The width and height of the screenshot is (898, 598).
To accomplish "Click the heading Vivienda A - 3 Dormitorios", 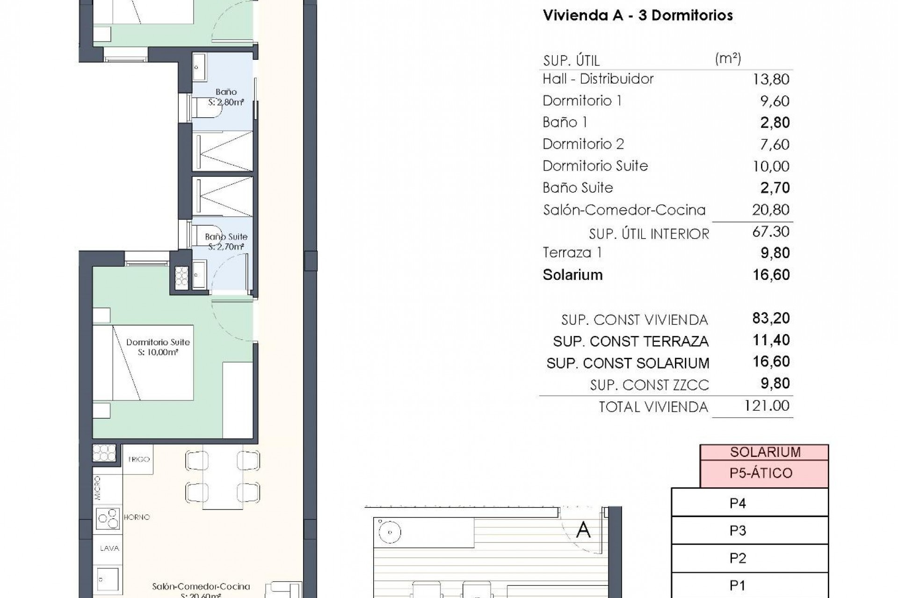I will click(x=637, y=15).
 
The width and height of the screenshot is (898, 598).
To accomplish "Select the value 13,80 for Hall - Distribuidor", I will click(x=771, y=79).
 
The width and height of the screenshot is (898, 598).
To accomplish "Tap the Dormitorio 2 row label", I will click(x=583, y=144).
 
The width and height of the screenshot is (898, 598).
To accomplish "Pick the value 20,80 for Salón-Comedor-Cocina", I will click(x=771, y=210).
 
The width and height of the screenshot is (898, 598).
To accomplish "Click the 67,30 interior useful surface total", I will click(x=771, y=232).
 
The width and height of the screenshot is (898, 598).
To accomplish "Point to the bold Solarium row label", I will click(x=572, y=275).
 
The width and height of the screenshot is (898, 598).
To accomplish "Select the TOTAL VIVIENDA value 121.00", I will click(x=767, y=406).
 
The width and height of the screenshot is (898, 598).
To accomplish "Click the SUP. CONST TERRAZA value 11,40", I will click(x=771, y=340).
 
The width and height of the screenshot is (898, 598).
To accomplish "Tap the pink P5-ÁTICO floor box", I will click(x=760, y=473).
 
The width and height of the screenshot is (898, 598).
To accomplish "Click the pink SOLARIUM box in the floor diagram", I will click(x=765, y=452).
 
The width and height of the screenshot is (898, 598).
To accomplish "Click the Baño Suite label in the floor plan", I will click(x=226, y=237).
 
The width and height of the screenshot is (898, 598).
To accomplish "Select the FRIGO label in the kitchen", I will click(x=139, y=459).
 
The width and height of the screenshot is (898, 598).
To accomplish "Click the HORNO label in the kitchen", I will click(x=137, y=517).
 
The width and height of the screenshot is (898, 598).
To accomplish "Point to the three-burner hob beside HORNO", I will click(x=108, y=518).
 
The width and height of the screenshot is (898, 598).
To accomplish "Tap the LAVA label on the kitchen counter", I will click(x=109, y=548).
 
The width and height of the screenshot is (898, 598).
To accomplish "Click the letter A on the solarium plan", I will click(x=583, y=530).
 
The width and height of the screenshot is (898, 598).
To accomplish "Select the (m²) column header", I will click(x=728, y=59).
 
